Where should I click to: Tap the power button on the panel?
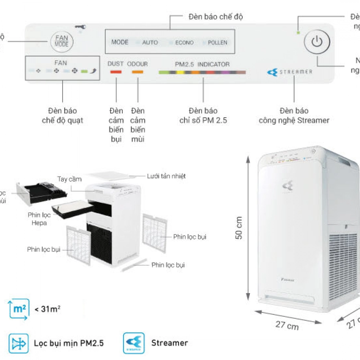[x=317, y=41]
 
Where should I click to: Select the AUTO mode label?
[x=150, y=42]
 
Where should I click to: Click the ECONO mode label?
[x=184, y=42]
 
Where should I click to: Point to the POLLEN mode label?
[x=218, y=42]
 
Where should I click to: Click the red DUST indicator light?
[x=116, y=72]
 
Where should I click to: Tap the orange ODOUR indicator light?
[x=137, y=72]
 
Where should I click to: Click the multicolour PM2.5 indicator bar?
[x=202, y=72]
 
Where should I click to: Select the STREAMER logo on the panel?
[x=290, y=72]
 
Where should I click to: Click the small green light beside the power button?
[x=298, y=33]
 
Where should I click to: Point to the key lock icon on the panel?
[x=81, y=27]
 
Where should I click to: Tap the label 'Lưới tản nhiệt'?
[x=166, y=176]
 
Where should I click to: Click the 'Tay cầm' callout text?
[x=69, y=179]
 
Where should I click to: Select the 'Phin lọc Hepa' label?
[x=38, y=219]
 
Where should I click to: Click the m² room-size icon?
[x=18, y=310]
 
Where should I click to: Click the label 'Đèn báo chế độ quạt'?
[x=63, y=116]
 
